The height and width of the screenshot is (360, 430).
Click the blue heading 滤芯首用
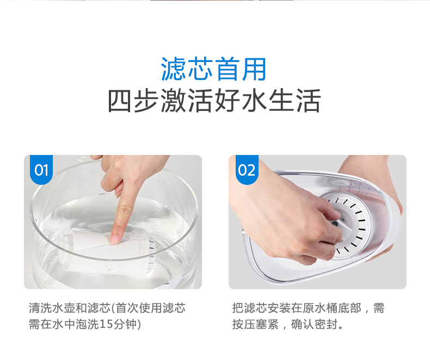[213, 69]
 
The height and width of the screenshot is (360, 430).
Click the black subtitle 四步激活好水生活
[214, 101]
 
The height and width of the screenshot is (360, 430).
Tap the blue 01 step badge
[41, 170]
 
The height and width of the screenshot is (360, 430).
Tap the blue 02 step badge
[247, 170]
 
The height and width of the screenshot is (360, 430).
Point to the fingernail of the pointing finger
[115, 239]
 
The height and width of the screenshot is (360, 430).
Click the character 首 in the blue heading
[227, 69]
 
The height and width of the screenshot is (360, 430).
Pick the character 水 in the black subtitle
[255, 101]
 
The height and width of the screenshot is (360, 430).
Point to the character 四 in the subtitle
[120, 101]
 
